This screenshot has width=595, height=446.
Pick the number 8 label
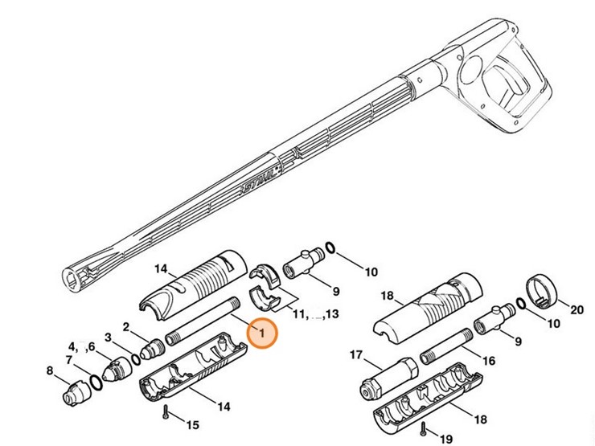coord(50,371)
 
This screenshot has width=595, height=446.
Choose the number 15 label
coord(192,424)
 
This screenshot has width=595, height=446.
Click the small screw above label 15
coord(164,412)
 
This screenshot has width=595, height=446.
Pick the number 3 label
coord(107,337)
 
